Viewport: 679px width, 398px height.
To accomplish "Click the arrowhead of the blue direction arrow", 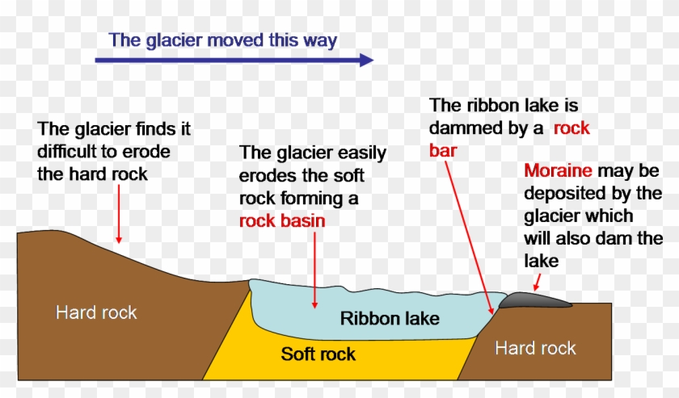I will (365, 60).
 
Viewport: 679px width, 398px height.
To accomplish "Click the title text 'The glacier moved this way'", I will (223, 40).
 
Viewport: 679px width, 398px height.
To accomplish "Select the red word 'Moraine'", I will (558, 171).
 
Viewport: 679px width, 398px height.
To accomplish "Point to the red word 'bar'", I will (445, 149).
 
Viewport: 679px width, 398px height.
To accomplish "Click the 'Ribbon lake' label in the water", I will (390, 318).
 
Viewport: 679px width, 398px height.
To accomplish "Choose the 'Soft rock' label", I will (318, 354).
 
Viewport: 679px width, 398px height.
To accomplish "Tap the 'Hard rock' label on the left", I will (96, 312).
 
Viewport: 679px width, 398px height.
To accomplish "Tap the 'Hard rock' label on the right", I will (535, 348).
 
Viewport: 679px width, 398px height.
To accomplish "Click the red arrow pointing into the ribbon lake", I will (314, 270).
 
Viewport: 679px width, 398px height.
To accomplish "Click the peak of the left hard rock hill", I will (32, 233).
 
